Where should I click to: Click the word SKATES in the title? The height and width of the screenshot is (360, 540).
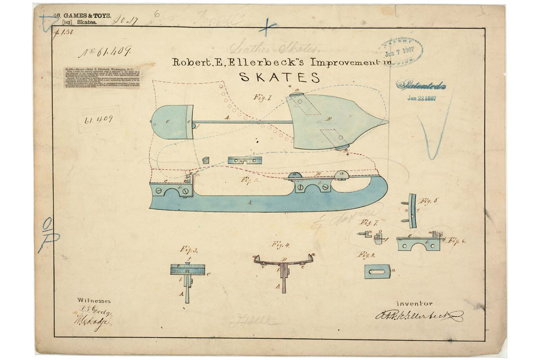click(280, 77)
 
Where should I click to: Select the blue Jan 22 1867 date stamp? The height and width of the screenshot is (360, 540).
click(422, 98)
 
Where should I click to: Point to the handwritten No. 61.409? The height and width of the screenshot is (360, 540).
click(105, 52)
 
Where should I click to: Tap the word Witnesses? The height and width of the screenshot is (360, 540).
click(94, 301)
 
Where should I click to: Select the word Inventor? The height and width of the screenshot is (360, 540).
click(414, 303)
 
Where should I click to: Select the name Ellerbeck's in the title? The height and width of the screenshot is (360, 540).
click(274, 62)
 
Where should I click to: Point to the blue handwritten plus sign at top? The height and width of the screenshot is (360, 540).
click(267, 27)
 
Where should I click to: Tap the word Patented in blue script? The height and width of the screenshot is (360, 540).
click(421, 86)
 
